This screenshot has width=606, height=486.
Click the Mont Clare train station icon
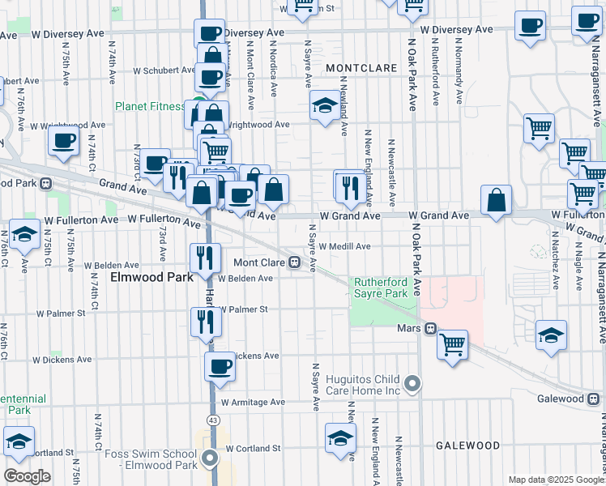[297, 262]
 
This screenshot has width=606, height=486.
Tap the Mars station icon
[432, 329]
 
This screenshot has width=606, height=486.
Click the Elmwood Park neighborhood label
[151, 277]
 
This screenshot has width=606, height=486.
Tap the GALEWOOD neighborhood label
[467, 446]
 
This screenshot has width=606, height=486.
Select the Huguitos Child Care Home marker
[413, 383]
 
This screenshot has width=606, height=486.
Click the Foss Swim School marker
[211, 458]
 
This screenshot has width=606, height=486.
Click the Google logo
[27, 475]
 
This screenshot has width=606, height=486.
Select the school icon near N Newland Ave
[325, 106]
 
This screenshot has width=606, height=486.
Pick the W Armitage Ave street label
[256, 402]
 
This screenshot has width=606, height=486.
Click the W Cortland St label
[253, 448]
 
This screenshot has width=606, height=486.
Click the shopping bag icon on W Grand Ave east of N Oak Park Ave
[495, 202]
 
